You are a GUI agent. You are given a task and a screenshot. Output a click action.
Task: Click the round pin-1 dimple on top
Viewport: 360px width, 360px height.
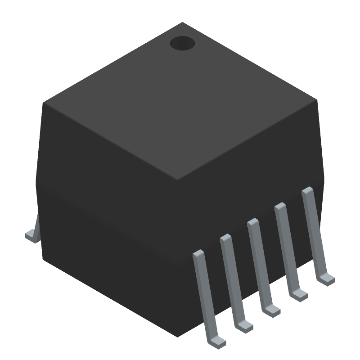[182, 43]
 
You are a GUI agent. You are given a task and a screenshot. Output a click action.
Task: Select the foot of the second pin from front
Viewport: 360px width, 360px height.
[246, 326]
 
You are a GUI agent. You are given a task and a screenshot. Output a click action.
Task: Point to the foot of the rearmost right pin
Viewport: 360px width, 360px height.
[327, 279]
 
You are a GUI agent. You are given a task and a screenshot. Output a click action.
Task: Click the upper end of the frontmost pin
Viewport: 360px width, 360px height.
[198, 255]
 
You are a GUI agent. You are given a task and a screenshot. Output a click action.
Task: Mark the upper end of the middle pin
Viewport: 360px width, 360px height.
[252, 223]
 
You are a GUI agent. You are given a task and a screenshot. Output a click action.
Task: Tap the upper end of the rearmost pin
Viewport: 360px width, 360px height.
[307, 191]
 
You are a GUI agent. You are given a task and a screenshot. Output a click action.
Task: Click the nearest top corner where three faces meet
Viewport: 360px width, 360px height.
[177, 180]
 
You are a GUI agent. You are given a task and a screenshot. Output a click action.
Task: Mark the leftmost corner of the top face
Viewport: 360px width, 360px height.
[44, 103]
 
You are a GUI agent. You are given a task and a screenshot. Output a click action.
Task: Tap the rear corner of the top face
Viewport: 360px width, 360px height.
[182, 22]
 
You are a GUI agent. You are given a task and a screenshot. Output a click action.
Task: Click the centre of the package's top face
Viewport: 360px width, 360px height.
[180, 101]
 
